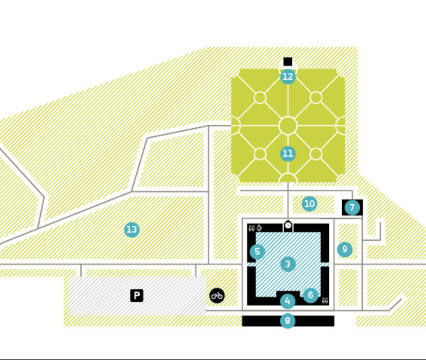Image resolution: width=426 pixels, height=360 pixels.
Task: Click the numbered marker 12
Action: (x=288, y=77)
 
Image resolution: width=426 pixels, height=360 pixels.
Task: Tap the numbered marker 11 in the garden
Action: (x=288, y=154)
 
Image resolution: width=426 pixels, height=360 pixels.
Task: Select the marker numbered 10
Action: (x=310, y=204)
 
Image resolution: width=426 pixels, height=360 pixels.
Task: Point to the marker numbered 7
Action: (x=352, y=207)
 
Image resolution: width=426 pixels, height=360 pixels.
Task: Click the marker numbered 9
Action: (x=345, y=249)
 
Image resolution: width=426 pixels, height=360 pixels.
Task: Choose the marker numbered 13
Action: (x=132, y=230)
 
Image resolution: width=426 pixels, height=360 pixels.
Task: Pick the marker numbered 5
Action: (x=257, y=252)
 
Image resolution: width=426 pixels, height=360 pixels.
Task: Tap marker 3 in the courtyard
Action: (x=288, y=264)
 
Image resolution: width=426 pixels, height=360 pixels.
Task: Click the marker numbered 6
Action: (x=310, y=295)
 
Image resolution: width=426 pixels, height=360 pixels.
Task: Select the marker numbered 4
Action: (x=288, y=301)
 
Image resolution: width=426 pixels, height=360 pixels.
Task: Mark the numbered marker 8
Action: (x=288, y=321)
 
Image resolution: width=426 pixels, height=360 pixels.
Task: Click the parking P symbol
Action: (x=136, y=296)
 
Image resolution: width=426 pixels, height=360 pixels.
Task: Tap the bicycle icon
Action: (x=217, y=296)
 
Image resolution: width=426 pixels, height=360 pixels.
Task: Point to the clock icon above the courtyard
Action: (x=288, y=226)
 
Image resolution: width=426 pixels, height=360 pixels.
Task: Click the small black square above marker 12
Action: (x=288, y=62)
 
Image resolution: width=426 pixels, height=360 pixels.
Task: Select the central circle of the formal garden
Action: (x=288, y=126)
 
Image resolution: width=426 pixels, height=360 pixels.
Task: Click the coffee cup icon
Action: (x=259, y=227)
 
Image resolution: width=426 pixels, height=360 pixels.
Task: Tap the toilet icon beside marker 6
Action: (x=325, y=301)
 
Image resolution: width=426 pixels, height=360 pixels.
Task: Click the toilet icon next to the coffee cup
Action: (x=252, y=228)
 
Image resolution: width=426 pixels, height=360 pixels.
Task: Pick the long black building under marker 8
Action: (x=288, y=321)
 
